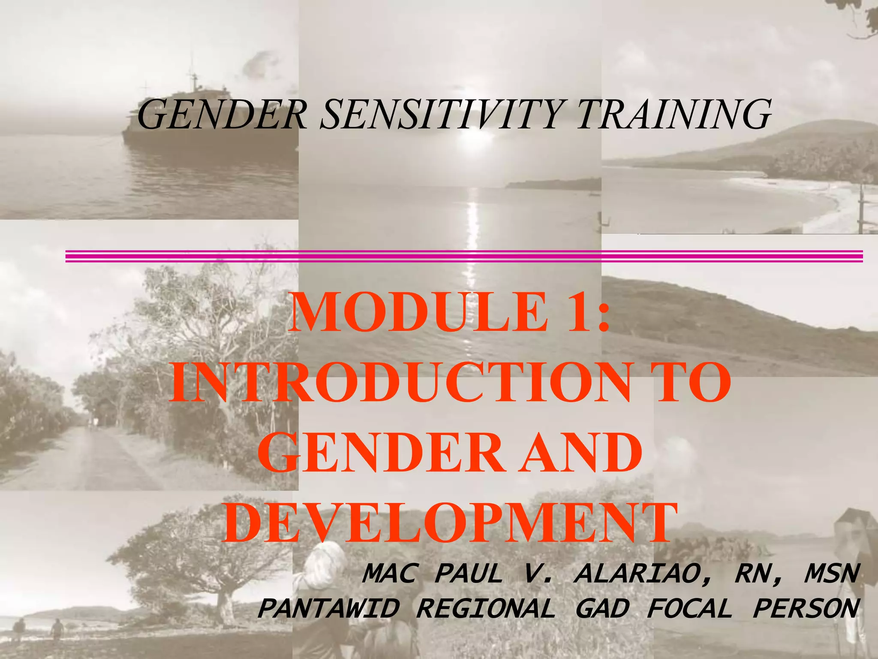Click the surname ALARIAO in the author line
[x=643, y=574]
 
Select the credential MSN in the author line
[x=832, y=574]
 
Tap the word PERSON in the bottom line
[x=806, y=608]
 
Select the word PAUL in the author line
[x=468, y=574]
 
